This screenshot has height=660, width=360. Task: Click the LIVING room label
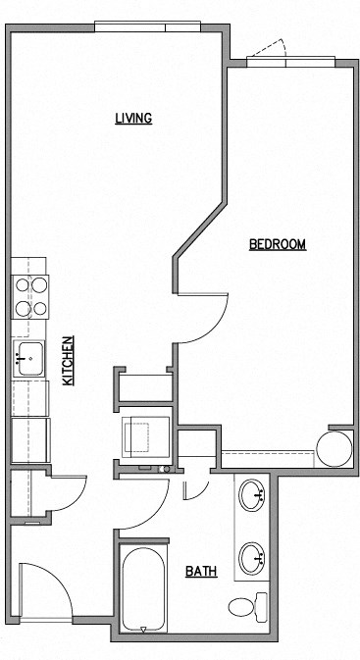pos(133,119)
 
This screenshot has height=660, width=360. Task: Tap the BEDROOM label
pos(278,244)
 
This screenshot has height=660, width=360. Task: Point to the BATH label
pos(201,571)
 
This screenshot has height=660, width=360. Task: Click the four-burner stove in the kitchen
pos(30,296)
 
